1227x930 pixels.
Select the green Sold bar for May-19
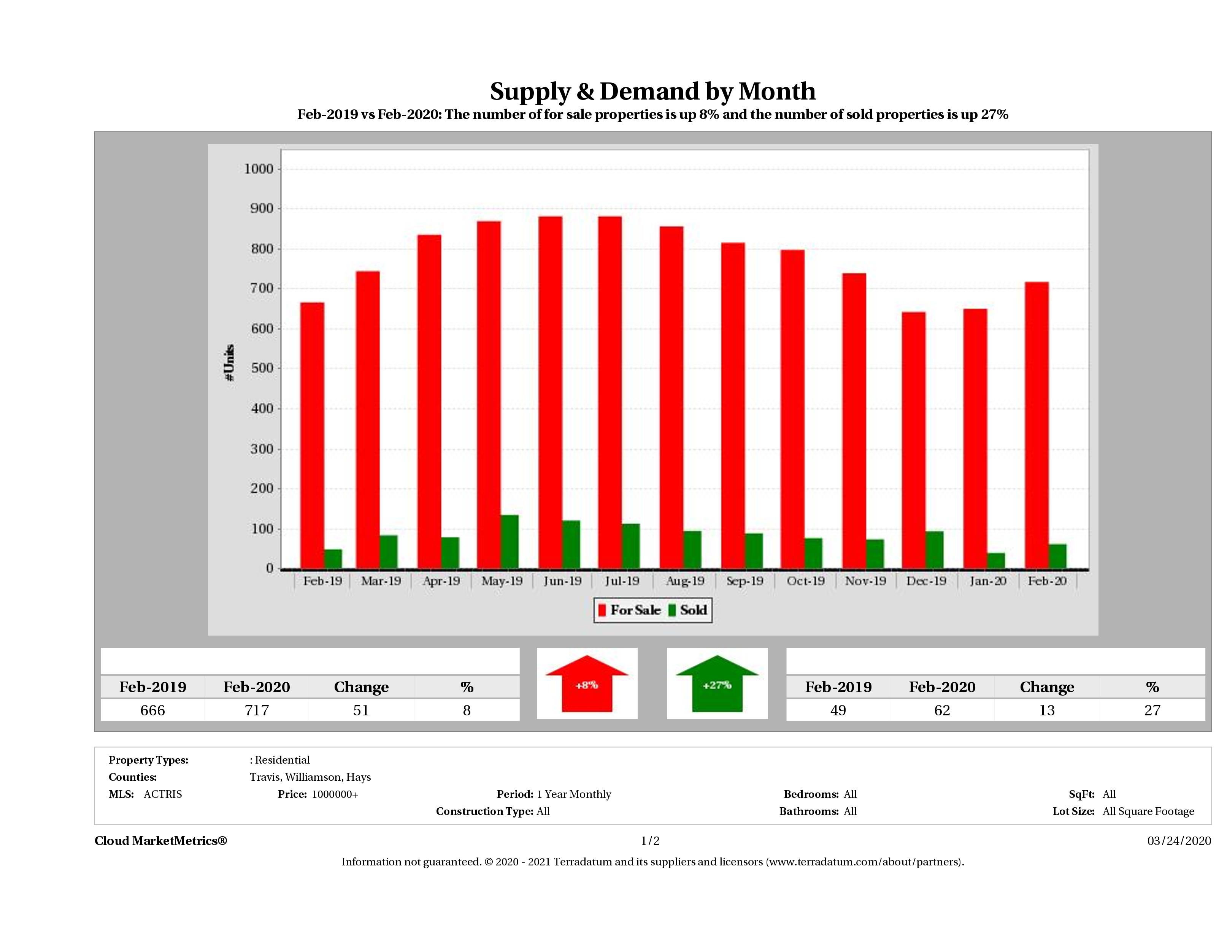coord(509,541)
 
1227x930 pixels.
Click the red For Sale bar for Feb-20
coord(1036,425)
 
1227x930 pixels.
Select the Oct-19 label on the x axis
coord(805,581)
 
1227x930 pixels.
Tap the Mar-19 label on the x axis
coord(381,581)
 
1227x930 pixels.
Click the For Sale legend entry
coord(630,610)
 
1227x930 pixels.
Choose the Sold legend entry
coord(688,610)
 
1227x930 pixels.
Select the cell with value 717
coord(257,710)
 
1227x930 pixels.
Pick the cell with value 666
coord(152,710)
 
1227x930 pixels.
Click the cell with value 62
coord(942,710)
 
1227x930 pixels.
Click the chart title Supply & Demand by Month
coord(652,92)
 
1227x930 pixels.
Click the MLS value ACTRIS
coord(162,794)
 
